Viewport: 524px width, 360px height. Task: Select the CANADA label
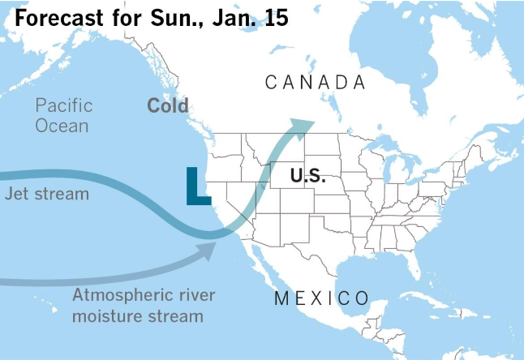(x=316, y=82)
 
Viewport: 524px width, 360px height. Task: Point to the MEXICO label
(x=321, y=297)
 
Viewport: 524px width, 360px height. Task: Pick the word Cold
(x=168, y=105)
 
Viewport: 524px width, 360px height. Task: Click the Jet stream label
(x=47, y=195)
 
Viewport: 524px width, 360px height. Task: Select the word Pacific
(x=64, y=105)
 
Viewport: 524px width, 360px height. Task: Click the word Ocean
(x=62, y=126)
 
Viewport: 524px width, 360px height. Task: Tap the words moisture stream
(x=137, y=315)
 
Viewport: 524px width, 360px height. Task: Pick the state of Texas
(x=324, y=243)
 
